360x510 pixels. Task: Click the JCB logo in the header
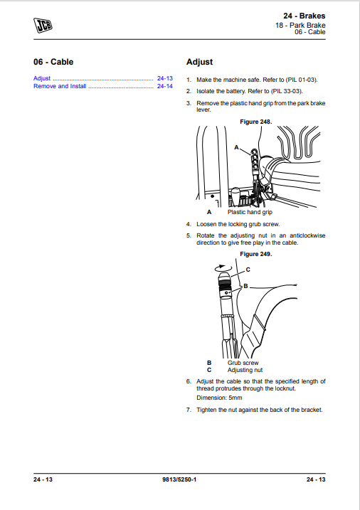pos(43,26)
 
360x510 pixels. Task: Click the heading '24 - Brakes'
pos(304,16)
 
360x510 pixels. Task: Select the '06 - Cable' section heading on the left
pos(53,62)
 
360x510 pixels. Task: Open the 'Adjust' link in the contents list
pos(42,78)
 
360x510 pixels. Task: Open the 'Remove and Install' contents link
pos(60,86)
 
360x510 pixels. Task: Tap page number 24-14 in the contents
pos(165,86)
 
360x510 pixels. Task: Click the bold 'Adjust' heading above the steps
pos(199,62)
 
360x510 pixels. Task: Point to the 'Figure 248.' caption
pos(255,122)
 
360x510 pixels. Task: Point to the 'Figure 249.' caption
pos(255,254)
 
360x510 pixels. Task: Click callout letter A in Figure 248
pos(236,146)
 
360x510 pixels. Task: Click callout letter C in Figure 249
pos(248,270)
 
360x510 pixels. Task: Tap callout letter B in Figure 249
pos(245,285)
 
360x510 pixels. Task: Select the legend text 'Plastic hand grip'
pos(249,212)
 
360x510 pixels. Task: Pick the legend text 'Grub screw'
pos(243,363)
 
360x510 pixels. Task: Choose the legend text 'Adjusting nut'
pos(245,370)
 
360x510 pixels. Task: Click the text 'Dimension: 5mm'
pos(219,399)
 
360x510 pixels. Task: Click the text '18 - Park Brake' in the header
pos(300,25)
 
